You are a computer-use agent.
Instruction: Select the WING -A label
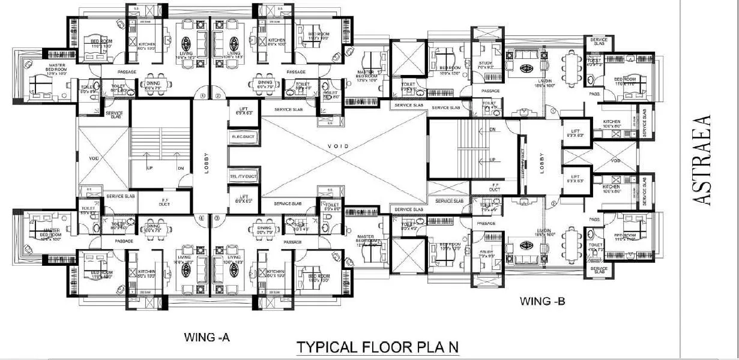[207, 338]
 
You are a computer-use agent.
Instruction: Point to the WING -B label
[543, 301]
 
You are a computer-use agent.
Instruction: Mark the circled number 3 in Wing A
[217, 218]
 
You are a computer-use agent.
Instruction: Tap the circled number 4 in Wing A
[203, 218]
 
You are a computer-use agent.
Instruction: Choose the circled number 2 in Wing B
[552, 203]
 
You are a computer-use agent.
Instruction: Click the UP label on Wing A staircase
[149, 168]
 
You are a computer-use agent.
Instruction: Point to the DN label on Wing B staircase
[492, 129]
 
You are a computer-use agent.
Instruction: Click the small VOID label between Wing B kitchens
[615, 161]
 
